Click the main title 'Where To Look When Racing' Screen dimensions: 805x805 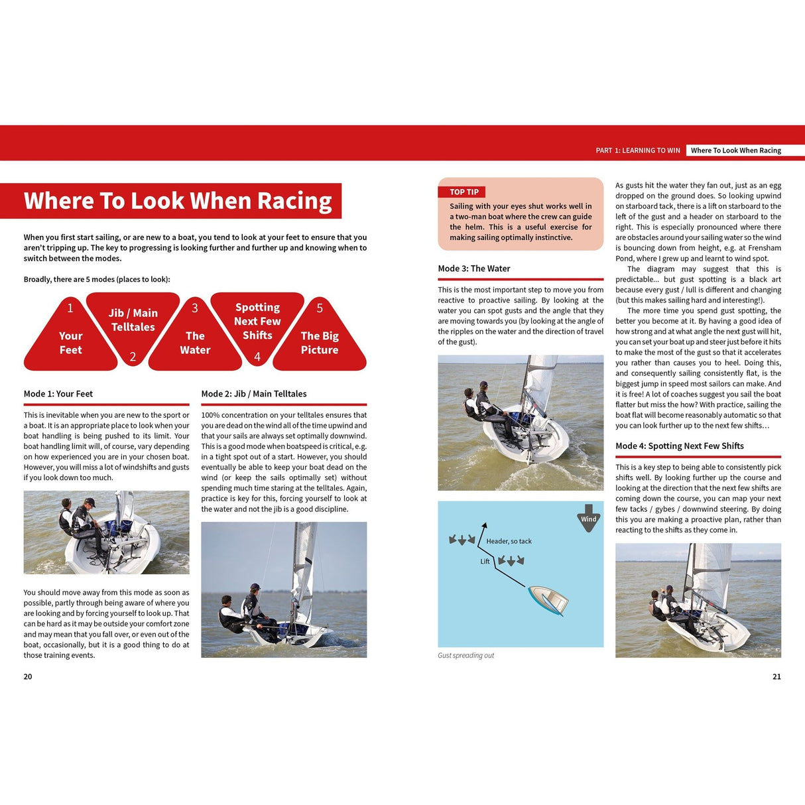click(x=177, y=201)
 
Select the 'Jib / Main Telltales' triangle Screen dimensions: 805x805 click(x=133, y=321)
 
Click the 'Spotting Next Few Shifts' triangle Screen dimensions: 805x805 click(x=257, y=322)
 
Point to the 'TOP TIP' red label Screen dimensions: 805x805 click(x=464, y=192)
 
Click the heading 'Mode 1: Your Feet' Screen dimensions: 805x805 click(x=58, y=394)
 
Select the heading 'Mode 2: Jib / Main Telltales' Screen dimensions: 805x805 click(x=254, y=394)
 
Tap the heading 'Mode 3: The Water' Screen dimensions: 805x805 click(x=474, y=269)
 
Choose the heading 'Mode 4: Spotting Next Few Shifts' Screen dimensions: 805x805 click(x=680, y=446)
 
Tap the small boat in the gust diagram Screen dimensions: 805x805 click(x=548, y=600)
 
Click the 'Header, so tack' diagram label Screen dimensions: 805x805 click(x=509, y=541)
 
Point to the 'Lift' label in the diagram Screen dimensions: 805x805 click(x=485, y=562)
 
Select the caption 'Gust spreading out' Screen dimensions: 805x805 click(x=466, y=656)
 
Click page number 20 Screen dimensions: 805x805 click(x=28, y=677)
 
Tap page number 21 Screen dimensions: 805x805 click(x=776, y=677)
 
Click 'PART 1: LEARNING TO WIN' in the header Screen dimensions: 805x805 click(x=638, y=151)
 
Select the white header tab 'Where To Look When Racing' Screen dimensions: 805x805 click(x=736, y=151)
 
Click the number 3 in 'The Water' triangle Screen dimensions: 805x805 click(x=195, y=308)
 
